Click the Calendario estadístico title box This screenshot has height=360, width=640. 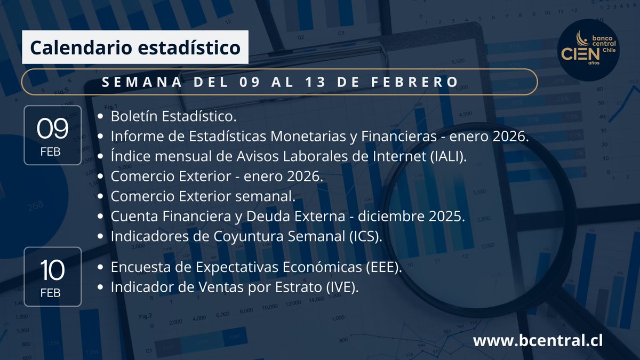click(x=135, y=47)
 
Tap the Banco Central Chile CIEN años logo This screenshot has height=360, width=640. click(x=586, y=51)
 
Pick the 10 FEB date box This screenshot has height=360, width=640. click(x=52, y=276)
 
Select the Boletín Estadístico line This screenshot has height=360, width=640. click(x=173, y=116)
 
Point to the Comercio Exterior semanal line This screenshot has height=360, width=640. click(x=203, y=197)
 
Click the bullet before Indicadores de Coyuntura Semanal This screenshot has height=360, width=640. click(x=101, y=237)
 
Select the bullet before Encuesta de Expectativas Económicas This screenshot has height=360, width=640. click(x=101, y=268)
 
